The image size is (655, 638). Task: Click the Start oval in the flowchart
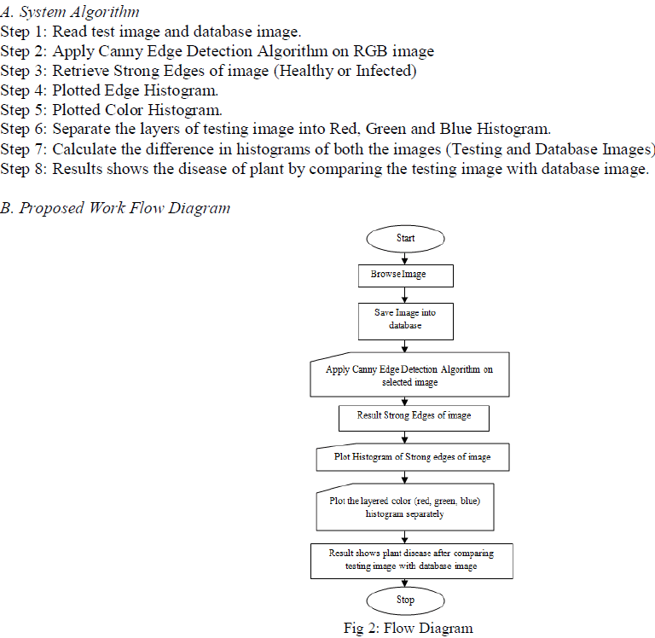pyautogui.click(x=405, y=238)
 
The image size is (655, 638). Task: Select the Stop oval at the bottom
pyautogui.click(x=405, y=600)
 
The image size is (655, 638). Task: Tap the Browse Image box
pyautogui.click(x=405, y=275)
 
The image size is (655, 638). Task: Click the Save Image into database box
pyautogui.click(x=405, y=320)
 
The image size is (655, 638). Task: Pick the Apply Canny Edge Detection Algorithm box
pyautogui.click(x=409, y=376)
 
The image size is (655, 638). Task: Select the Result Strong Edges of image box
pyautogui.click(x=414, y=417)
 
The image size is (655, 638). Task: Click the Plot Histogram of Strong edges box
pyautogui.click(x=413, y=457)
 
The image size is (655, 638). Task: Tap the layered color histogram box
pyautogui.click(x=405, y=508)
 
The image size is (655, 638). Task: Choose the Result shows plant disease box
pyautogui.click(x=411, y=560)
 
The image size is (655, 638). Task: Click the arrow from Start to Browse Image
pyautogui.click(x=405, y=258)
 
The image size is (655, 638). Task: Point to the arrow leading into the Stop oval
pyautogui.click(x=405, y=582)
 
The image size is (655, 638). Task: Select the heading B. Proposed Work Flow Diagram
pyautogui.click(x=115, y=208)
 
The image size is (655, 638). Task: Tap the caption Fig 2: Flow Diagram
pyautogui.click(x=408, y=628)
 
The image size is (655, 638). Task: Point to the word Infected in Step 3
pyautogui.click(x=382, y=71)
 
